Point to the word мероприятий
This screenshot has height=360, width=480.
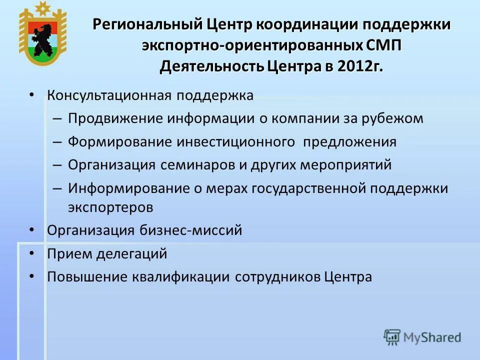click(x=345, y=165)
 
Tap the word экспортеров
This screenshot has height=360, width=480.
click(x=110, y=207)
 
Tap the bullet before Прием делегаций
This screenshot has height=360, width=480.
click(x=32, y=254)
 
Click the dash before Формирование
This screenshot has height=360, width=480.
click(x=57, y=142)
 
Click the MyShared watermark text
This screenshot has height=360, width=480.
click(x=432, y=337)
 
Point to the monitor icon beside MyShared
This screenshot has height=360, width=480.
click(x=392, y=336)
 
